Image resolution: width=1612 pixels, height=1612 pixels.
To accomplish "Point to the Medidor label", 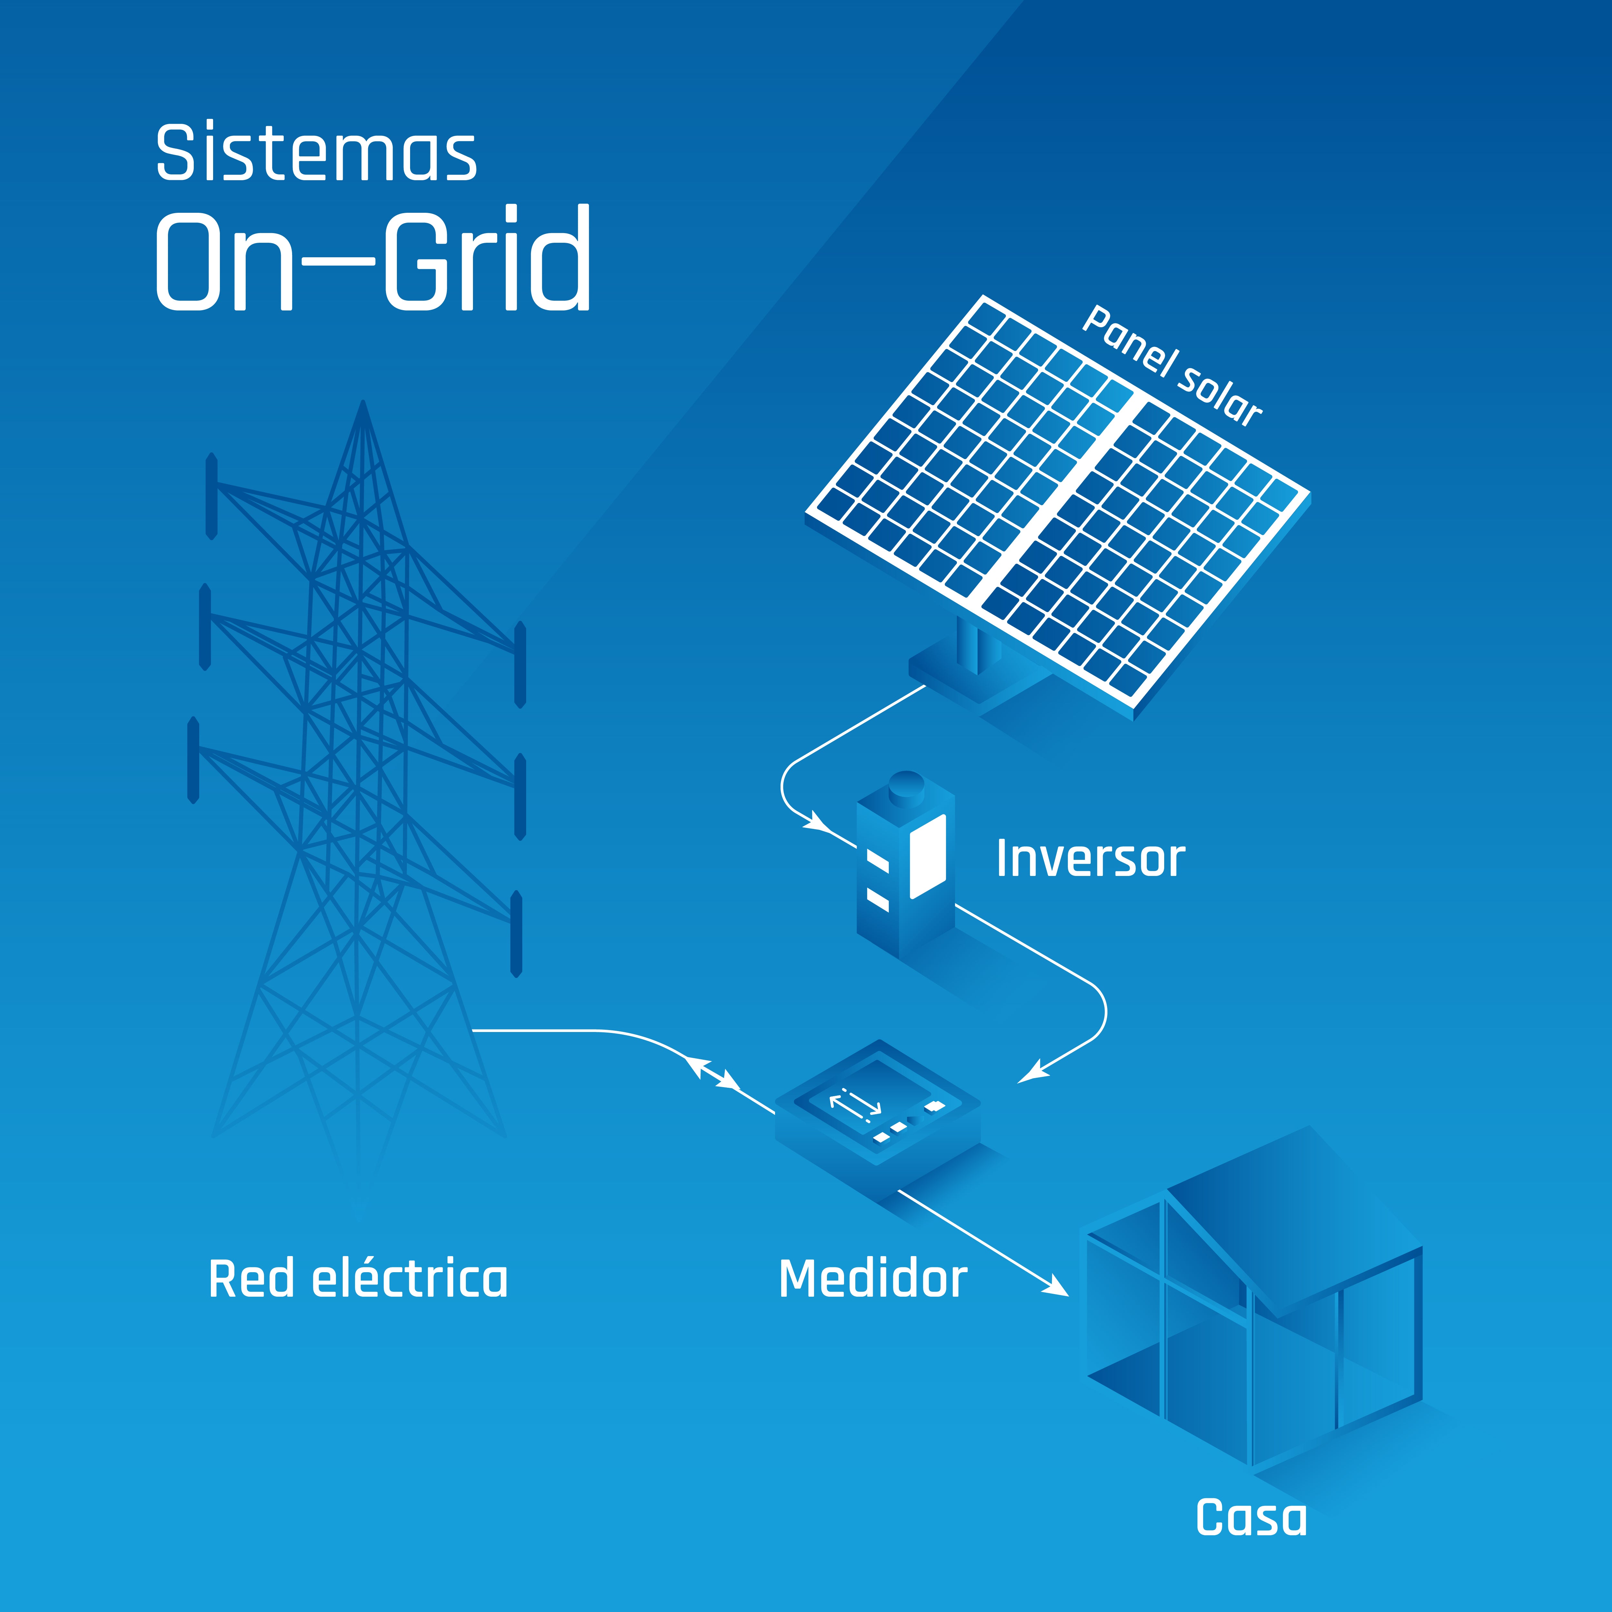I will click(872, 1279).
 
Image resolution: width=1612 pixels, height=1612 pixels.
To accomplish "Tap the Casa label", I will click(1251, 1517).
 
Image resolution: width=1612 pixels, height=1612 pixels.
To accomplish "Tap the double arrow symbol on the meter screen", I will click(855, 1104).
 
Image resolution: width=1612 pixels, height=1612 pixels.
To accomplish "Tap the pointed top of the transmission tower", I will click(363, 405).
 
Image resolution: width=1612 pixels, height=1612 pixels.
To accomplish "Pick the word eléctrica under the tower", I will click(409, 1279).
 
